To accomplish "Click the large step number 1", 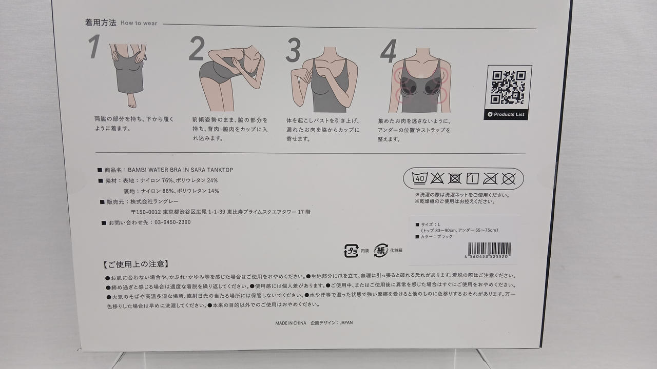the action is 94,46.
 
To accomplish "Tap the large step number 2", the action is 197,48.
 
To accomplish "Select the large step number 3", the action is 293,50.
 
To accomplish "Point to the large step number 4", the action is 389,52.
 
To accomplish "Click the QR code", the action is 508,87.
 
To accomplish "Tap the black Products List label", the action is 506,114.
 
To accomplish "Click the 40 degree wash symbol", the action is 420,178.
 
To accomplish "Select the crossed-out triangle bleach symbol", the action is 437,178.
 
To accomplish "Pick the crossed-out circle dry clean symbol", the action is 508,179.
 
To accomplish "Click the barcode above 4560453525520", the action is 489,249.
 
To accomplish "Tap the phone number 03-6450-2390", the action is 172,222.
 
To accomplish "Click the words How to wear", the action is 139,23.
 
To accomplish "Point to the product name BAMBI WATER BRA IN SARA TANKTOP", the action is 180,170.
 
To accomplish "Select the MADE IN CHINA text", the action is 291,323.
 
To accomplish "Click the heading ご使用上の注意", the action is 136,264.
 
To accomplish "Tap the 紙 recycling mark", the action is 381,251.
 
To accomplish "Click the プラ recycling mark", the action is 352,251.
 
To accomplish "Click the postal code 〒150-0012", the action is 146,212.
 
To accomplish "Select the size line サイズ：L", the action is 430,224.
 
